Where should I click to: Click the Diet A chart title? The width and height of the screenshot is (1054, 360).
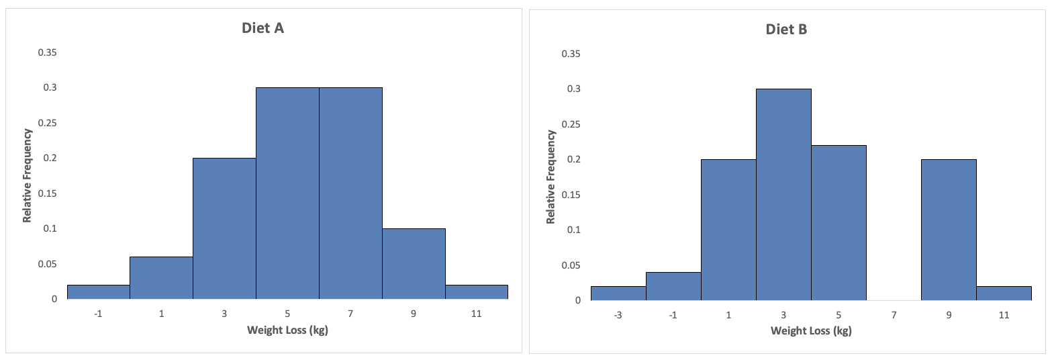pyautogui.click(x=262, y=28)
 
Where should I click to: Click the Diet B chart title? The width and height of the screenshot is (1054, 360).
pyautogui.click(x=786, y=30)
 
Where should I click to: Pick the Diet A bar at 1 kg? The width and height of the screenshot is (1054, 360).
pyautogui.click(x=161, y=278)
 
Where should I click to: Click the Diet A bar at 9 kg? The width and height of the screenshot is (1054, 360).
pyautogui.click(x=414, y=264)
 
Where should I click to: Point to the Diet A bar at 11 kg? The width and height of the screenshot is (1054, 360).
pyautogui.click(x=477, y=292)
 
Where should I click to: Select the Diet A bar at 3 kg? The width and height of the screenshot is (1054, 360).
pyautogui.click(x=224, y=228)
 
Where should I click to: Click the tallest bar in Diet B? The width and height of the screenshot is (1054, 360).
pyautogui.click(x=783, y=195)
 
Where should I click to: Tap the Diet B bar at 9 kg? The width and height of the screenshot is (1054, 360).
pyautogui.click(x=949, y=230)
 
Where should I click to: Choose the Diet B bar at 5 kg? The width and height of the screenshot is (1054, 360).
pyautogui.click(x=839, y=223)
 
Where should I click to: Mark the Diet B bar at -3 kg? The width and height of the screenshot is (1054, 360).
pyautogui.click(x=618, y=294)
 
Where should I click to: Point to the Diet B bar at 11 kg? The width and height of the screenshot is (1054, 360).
pyautogui.click(x=1004, y=294)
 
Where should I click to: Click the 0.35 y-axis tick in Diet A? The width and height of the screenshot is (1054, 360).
pyautogui.click(x=47, y=52)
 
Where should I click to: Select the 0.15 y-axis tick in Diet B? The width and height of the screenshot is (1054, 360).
pyautogui.click(x=571, y=195)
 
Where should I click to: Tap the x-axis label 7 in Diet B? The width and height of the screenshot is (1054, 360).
pyautogui.click(x=894, y=315)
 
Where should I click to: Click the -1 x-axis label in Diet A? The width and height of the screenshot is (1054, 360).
pyautogui.click(x=98, y=314)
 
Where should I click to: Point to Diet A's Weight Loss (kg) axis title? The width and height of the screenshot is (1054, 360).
pyautogui.click(x=287, y=330)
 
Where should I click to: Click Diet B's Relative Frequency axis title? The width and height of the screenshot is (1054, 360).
pyautogui.click(x=551, y=177)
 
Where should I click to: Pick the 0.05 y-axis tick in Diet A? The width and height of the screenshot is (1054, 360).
pyautogui.click(x=47, y=264)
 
